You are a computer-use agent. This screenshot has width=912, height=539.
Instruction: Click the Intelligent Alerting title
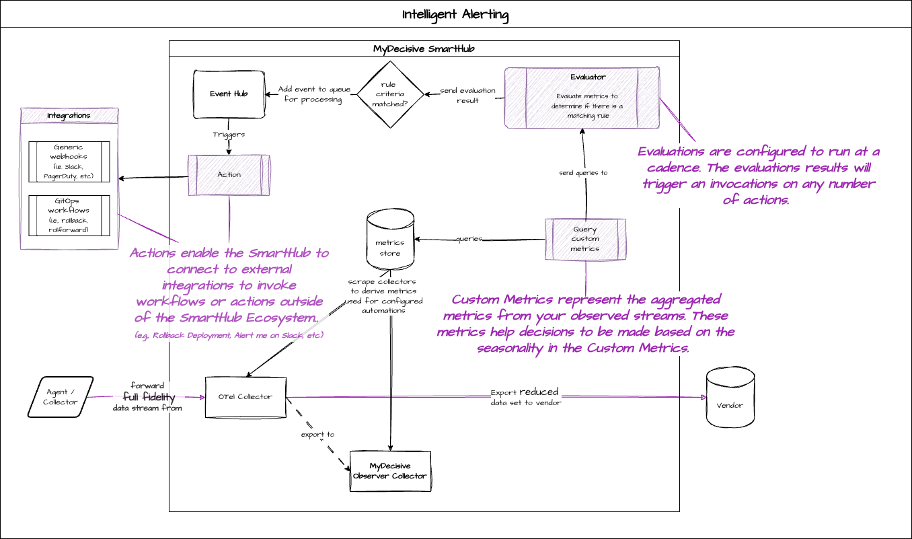coord(455,15)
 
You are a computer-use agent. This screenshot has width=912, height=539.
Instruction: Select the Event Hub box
coord(229,94)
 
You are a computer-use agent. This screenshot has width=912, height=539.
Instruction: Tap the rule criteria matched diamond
coord(390,94)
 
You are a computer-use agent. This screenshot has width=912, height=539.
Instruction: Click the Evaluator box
coord(582,97)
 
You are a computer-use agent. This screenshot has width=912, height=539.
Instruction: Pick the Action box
coord(229,175)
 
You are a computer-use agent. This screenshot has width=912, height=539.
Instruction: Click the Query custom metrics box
coord(585,239)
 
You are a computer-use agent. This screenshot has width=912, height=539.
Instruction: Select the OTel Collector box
coord(245,397)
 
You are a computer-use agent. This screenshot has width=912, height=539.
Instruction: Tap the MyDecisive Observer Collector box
coord(390,471)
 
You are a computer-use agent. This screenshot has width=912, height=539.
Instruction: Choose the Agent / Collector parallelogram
coord(61,397)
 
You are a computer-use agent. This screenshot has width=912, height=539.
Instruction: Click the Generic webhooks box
coord(69,161)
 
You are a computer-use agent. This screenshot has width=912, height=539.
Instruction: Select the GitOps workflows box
coord(69,215)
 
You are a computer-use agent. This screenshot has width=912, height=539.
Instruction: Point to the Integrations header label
coord(69,116)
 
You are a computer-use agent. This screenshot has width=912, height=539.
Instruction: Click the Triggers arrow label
coord(229,135)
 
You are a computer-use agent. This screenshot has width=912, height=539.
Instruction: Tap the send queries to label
coord(583,173)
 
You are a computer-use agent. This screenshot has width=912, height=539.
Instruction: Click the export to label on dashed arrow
coord(317,435)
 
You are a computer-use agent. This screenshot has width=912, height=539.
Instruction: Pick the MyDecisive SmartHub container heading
coord(424,48)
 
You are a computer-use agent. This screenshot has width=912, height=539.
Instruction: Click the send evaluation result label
coord(467,96)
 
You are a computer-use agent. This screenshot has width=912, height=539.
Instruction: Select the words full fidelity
coord(149,398)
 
